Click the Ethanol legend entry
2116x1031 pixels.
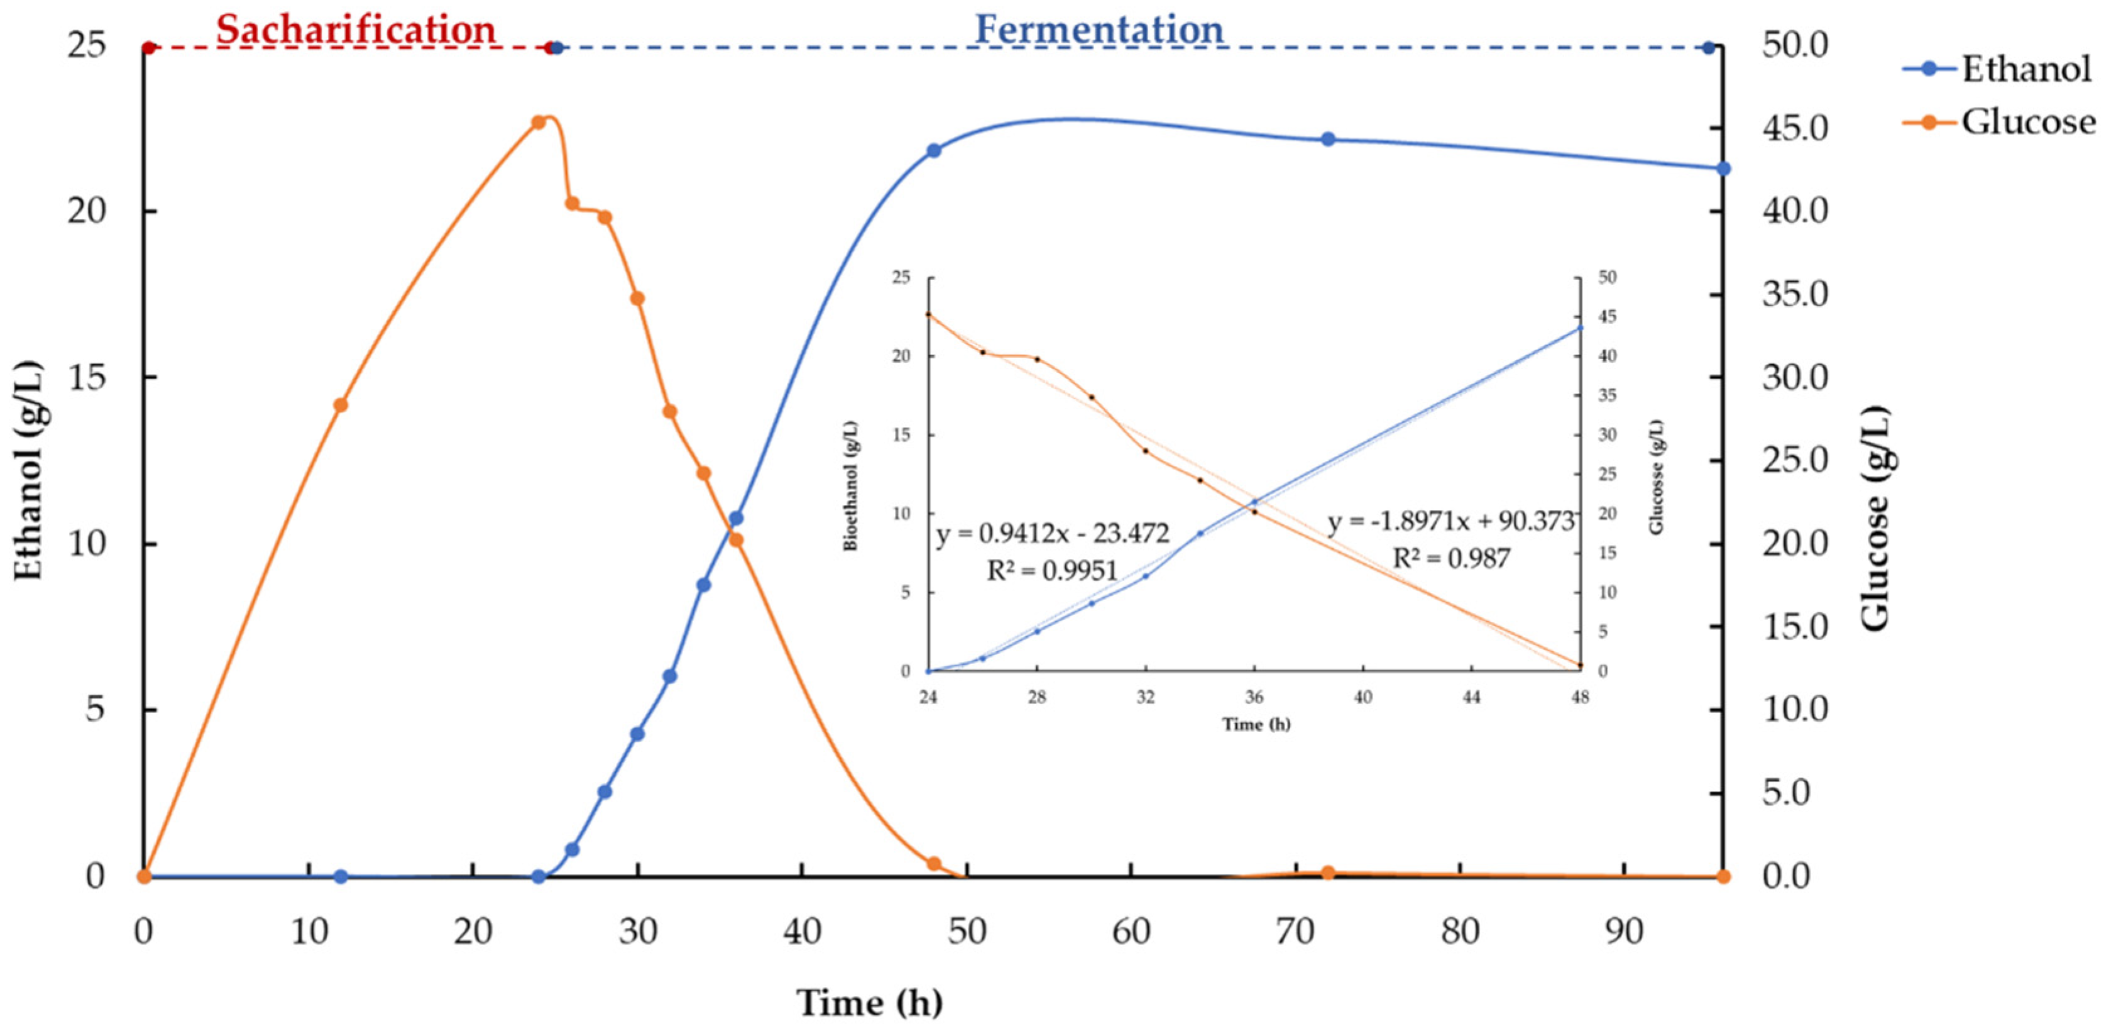[x=2025, y=69]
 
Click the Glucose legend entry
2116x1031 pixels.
[x=2027, y=123]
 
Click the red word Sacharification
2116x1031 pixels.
[x=356, y=30]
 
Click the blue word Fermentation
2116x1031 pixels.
[x=1099, y=30]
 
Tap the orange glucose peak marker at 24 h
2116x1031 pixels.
[x=538, y=123]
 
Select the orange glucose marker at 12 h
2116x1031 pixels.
[x=341, y=405]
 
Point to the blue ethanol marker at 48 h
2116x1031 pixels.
[x=933, y=150]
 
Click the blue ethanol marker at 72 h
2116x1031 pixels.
[x=1329, y=140]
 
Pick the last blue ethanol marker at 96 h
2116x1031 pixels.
[x=1723, y=168]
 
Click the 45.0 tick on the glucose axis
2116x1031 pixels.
[x=1795, y=128]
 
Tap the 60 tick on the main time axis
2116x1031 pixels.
[x=1131, y=932]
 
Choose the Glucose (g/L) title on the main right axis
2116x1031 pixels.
[x=1875, y=519]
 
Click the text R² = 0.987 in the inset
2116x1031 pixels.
[x=1452, y=560]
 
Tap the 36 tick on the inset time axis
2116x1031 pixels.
[x=1254, y=697]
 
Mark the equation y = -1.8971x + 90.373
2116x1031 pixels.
[x=1450, y=522]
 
